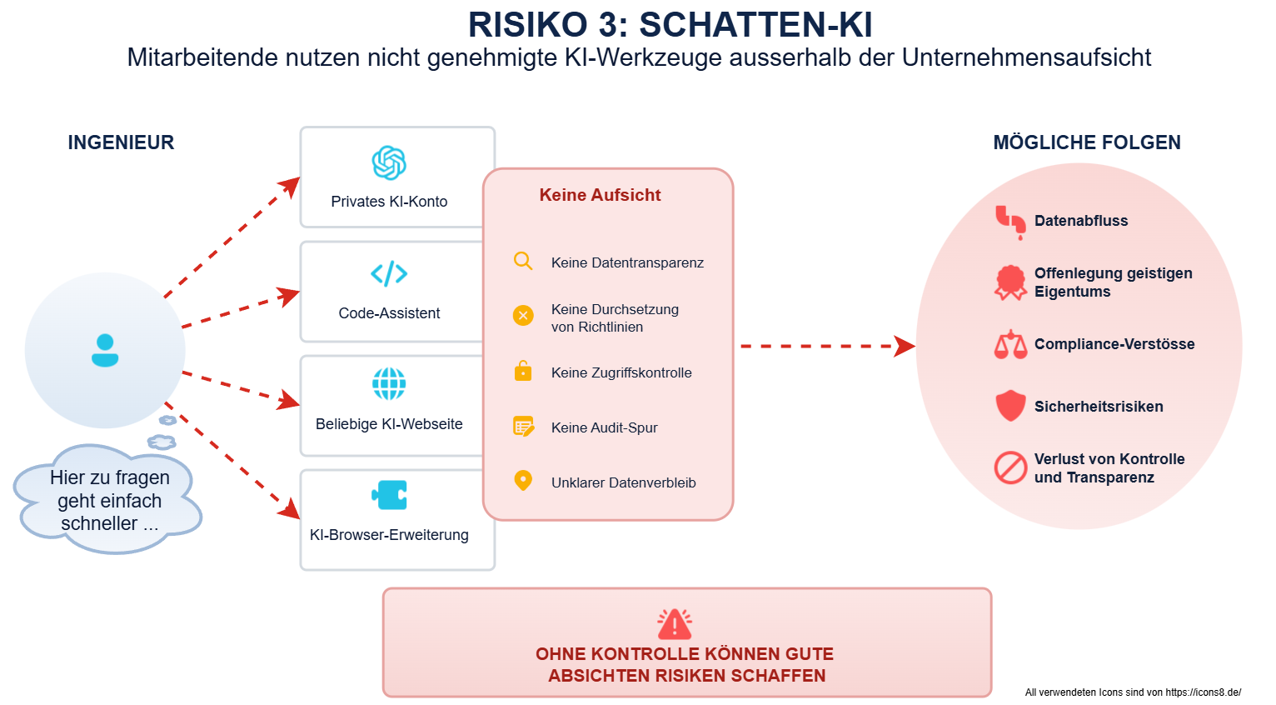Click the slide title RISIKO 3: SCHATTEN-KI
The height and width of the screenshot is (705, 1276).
coord(670,25)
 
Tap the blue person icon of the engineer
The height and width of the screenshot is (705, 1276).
coord(105,350)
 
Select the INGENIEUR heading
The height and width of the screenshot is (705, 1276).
coord(121,142)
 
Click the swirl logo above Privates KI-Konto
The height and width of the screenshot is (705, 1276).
coord(389,162)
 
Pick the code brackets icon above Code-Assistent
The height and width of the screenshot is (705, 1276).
coord(389,273)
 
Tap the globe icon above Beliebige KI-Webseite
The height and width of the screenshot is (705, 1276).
coord(389,383)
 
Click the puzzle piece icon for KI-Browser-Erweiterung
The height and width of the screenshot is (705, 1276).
coord(389,495)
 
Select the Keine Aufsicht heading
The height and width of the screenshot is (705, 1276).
coord(600,195)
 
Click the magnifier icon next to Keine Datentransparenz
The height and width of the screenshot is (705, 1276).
coord(523,261)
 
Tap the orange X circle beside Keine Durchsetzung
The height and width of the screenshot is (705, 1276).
coord(523,315)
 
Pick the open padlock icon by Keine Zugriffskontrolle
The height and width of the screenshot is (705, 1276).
coord(523,371)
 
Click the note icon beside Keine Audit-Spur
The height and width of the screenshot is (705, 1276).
coord(524,427)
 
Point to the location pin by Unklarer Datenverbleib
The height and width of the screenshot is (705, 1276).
coord(523,481)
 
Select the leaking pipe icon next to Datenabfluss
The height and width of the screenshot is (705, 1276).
coord(1010,222)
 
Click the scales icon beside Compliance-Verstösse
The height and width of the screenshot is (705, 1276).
coord(1010,344)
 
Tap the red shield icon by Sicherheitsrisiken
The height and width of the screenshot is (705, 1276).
coord(1010,406)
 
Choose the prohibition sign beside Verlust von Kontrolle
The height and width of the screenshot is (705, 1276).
coord(1010,467)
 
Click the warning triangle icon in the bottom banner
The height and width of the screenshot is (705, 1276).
coord(675,623)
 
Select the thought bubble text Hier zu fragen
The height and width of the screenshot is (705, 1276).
coord(110,477)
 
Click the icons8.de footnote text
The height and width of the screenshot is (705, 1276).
coord(1133,692)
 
